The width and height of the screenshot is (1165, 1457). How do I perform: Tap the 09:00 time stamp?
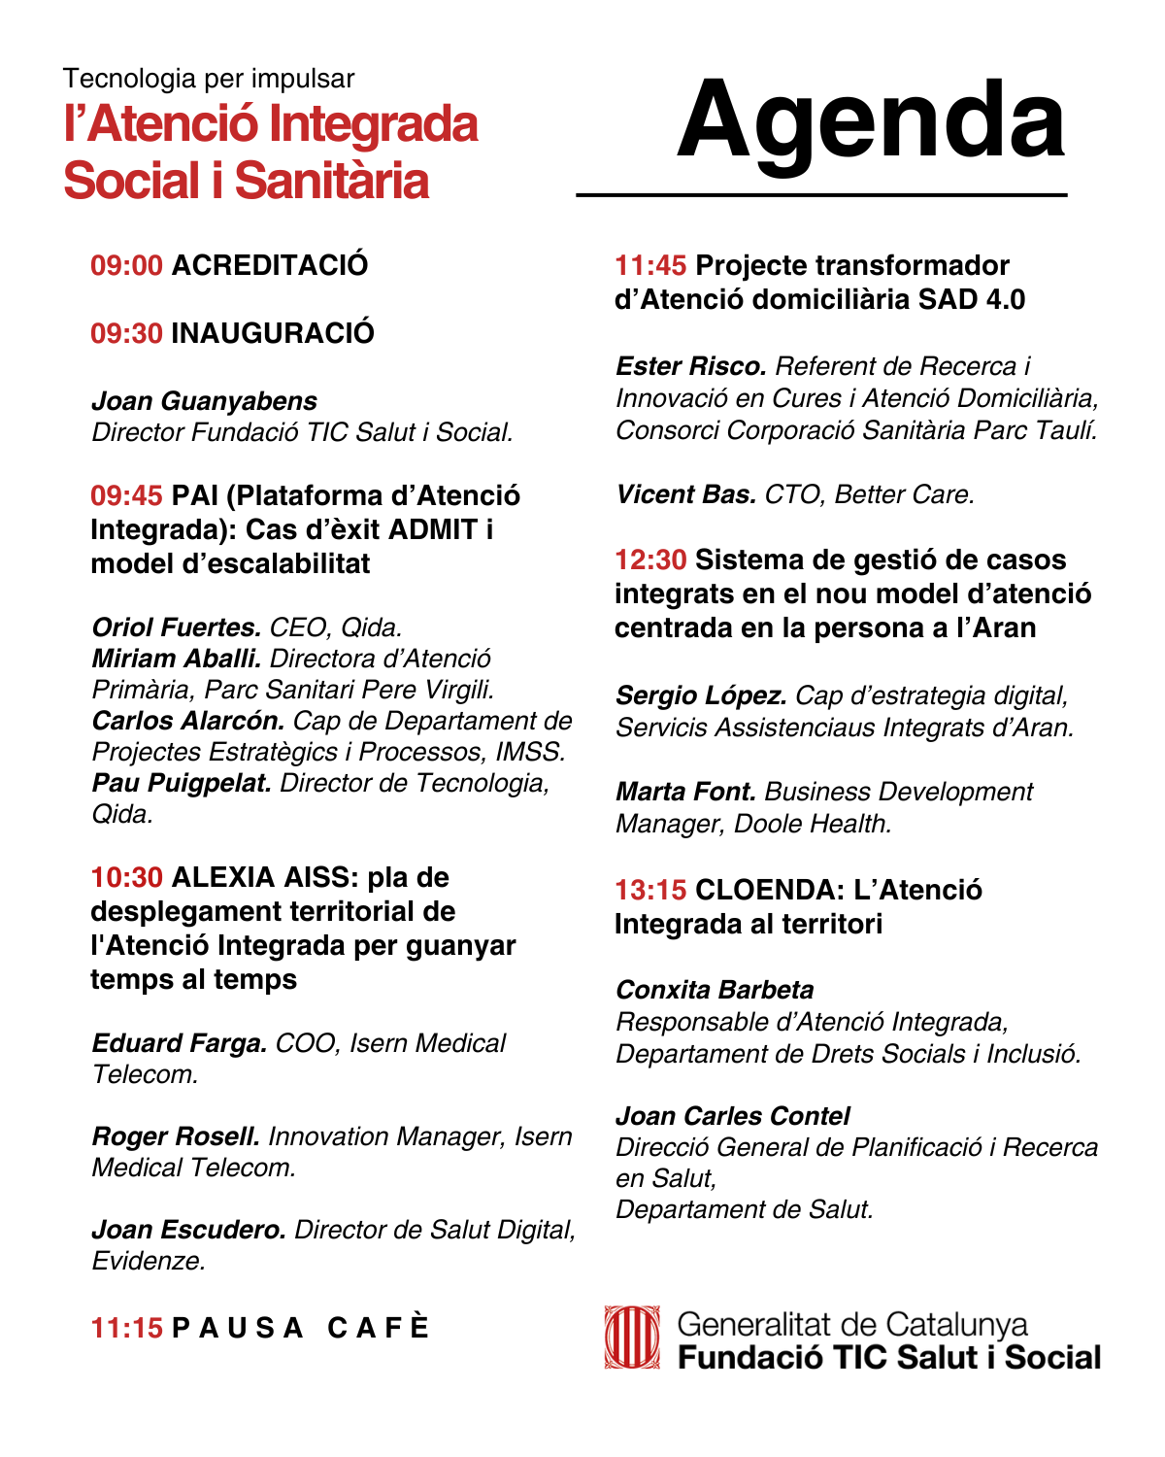tap(126, 265)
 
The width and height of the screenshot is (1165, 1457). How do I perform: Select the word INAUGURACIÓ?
tap(273, 333)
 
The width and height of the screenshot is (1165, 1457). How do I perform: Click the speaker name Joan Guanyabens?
tap(204, 401)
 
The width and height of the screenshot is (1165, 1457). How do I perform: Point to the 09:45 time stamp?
tap(126, 495)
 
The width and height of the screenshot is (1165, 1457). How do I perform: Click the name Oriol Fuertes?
tap(177, 627)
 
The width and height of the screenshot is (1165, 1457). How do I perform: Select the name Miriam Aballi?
tap(177, 659)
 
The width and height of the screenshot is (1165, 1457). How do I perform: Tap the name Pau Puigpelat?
tap(182, 783)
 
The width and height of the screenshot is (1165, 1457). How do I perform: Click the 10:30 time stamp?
tap(126, 877)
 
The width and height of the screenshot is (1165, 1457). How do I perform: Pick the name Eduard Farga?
tap(180, 1043)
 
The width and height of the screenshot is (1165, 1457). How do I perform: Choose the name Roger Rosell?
tap(176, 1136)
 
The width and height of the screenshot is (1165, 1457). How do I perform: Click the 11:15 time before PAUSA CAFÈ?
tap(126, 1328)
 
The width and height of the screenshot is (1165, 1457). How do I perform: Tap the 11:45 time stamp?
tap(650, 265)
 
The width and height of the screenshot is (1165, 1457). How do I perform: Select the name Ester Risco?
tap(691, 366)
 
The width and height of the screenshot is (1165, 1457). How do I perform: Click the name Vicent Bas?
tap(685, 494)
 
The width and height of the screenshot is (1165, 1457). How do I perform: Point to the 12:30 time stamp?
tap(650, 559)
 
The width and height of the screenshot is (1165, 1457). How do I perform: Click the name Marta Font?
tap(685, 792)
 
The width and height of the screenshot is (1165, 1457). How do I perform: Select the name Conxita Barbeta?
tap(715, 990)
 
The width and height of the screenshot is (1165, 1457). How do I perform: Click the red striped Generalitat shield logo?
tap(632, 1338)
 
